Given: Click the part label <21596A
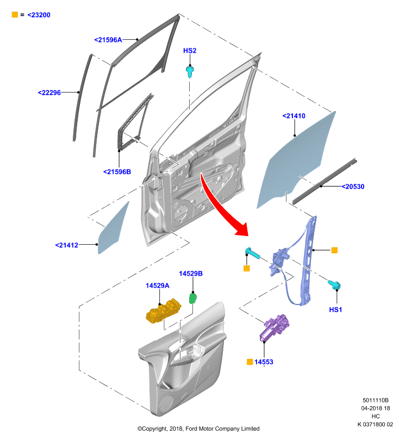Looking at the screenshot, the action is point(108,40).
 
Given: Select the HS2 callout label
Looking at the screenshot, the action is point(190,51).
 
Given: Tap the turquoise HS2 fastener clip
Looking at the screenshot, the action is point(190,72).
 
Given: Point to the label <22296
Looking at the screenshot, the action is point(49,92).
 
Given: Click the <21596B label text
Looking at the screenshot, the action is point(117,172).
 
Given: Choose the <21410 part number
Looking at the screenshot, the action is point(294,116).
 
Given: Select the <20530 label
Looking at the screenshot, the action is point(353,187).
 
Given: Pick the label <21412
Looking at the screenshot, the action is point(66,245).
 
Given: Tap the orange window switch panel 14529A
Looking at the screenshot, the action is point(163,310).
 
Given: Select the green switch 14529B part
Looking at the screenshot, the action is point(193,299).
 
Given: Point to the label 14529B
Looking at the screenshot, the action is point(191,274).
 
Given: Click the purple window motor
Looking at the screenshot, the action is point(273,327).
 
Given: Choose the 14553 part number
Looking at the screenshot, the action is point(264,362).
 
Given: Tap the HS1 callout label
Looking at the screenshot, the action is point(335,310).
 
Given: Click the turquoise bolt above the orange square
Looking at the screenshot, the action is point(252,253).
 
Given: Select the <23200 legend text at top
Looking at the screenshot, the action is point(39,15).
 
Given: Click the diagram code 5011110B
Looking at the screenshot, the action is point(376,400).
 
